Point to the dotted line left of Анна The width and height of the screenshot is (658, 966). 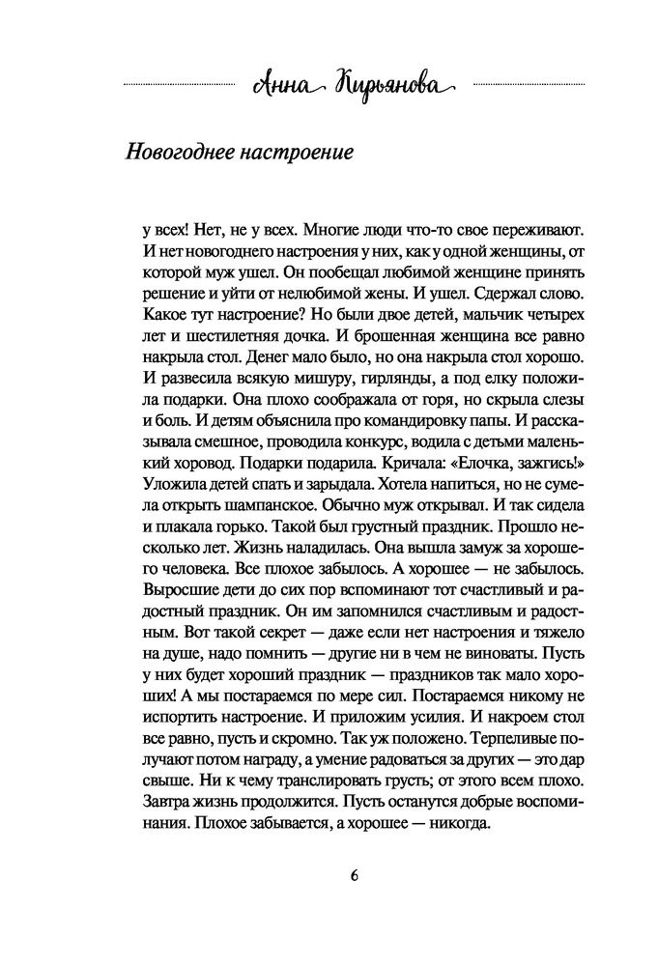click(x=180, y=86)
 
